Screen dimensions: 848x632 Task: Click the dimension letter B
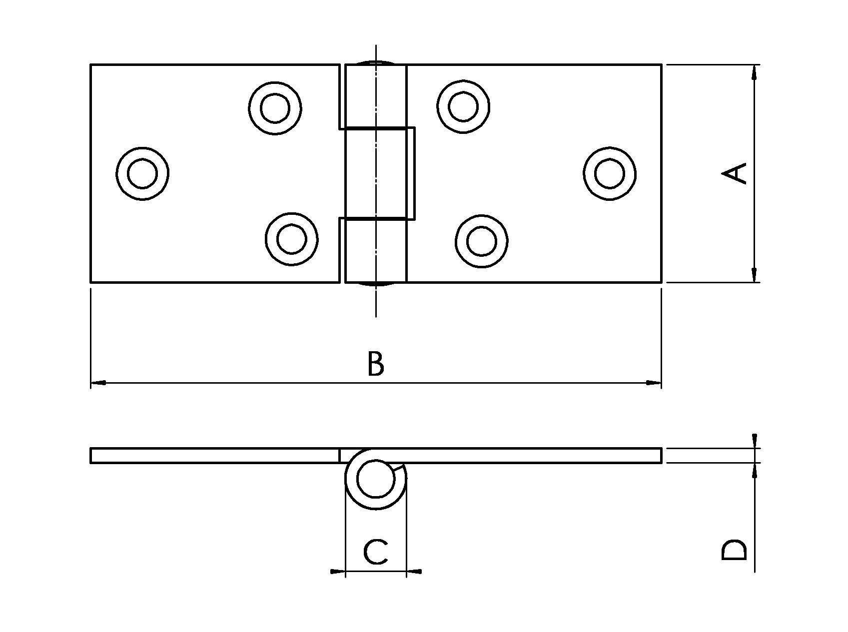click(376, 363)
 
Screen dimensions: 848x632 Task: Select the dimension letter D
click(735, 550)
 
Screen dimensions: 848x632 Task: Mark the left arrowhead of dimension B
click(98, 383)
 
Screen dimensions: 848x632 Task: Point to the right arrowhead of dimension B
click(654, 383)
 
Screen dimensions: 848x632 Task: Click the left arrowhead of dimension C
click(338, 571)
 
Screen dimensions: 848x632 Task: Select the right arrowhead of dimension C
click(414, 571)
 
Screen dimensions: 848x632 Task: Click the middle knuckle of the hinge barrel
click(380, 173)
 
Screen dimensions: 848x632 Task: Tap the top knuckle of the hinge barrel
click(376, 96)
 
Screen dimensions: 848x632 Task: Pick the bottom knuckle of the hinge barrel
click(376, 250)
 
